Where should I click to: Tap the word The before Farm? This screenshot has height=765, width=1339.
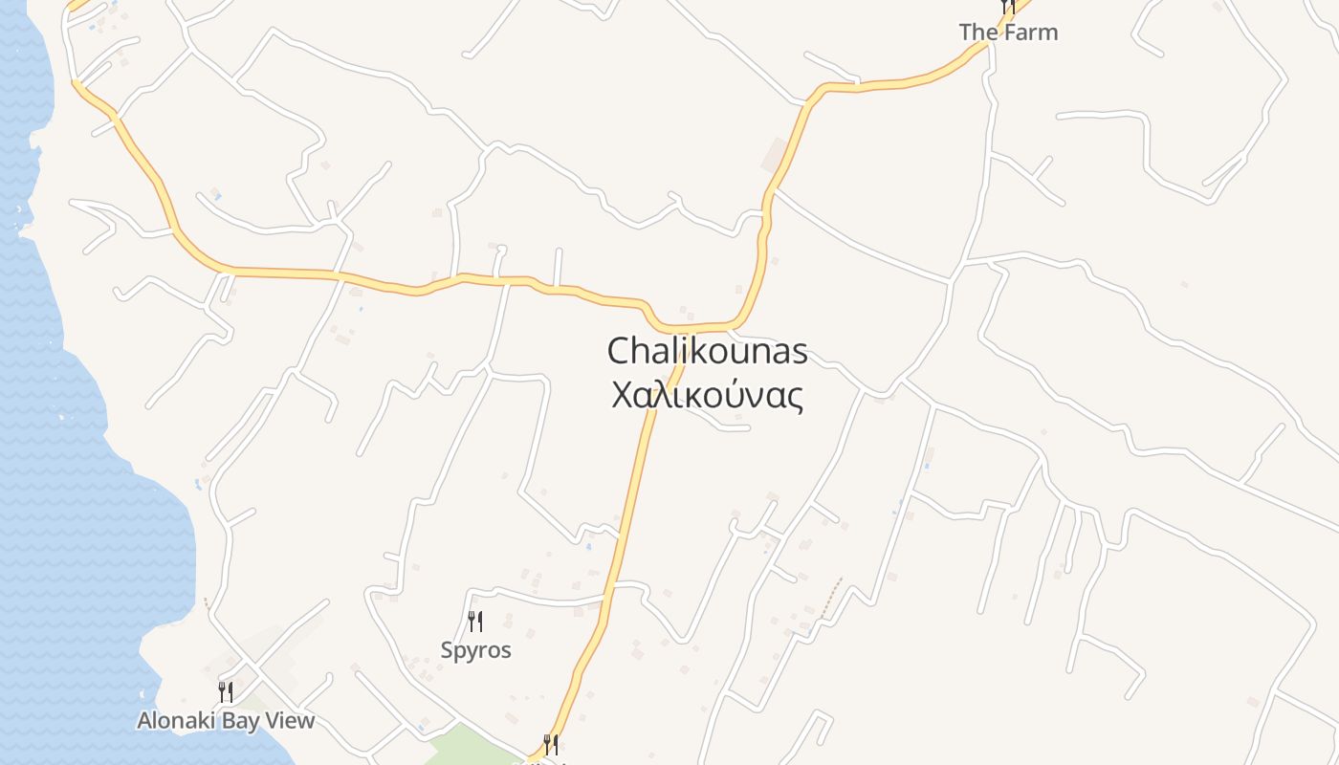click(978, 32)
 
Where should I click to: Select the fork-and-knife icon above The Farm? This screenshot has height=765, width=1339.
click(1007, 7)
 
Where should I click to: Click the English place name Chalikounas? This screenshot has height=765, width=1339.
click(707, 351)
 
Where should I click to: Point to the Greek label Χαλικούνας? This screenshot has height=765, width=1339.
click(707, 395)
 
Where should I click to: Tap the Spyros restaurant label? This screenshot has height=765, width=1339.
click(475, 650)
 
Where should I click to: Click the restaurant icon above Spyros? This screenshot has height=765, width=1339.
click(474, 622)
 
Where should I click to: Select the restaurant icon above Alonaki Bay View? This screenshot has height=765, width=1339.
click(226, 691)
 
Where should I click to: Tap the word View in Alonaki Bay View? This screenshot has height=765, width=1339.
click(289, 720)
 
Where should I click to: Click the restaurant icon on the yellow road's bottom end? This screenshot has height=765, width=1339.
click(551, 744)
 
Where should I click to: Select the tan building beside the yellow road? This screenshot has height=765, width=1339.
click(775, 154)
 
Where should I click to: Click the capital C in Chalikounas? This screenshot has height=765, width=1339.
click(619, 351)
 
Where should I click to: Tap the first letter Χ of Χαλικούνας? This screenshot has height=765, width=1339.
click(622, 395)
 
